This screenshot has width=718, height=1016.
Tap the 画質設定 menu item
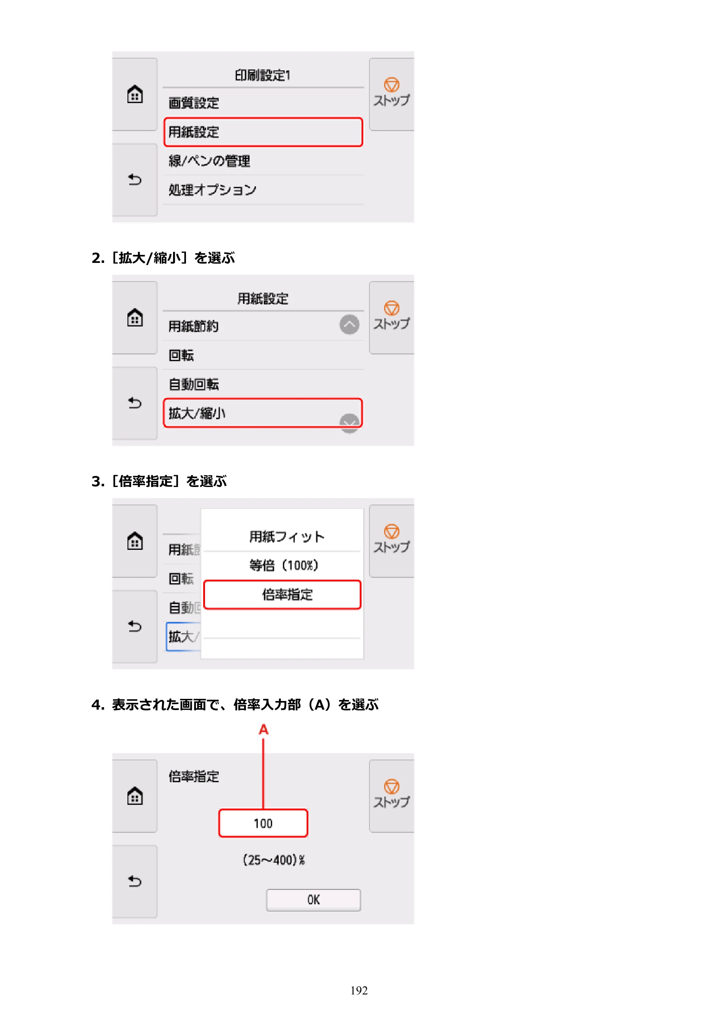pos(194,103)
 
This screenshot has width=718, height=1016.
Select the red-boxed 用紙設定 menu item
pos(263,132)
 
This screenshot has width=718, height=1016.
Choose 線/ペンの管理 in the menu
pos(209,161)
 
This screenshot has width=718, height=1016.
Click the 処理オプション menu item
pos(212,190)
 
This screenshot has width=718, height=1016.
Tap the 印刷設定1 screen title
pos(263,75)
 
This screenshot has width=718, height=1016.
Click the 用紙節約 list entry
pos(194,326)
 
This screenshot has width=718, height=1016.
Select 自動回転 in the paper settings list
pos(194,384)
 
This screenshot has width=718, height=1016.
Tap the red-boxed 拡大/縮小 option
pos(263,413)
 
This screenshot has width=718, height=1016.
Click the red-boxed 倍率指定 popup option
pos(282,594)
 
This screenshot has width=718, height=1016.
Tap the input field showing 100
pos(263,823)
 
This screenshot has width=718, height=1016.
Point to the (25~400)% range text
pos(274,860)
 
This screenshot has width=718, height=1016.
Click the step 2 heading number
pos(98,258)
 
